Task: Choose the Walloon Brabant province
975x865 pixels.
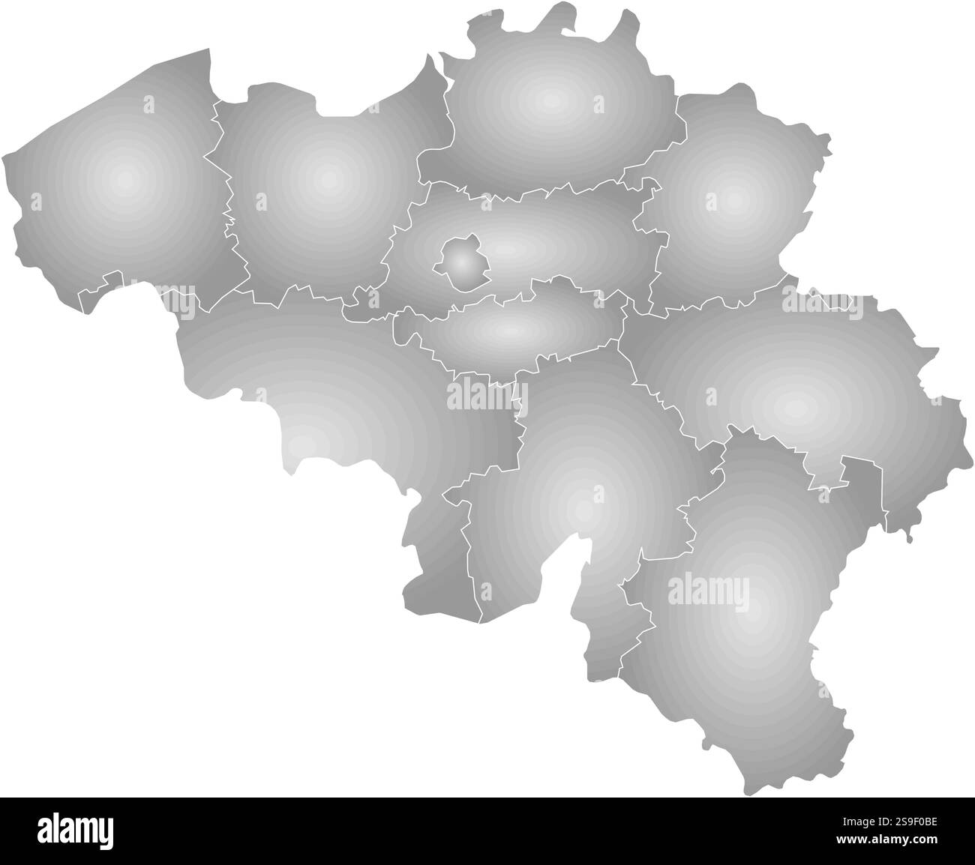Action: (x=510, y=330)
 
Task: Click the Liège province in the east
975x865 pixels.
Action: (x=795, y=397)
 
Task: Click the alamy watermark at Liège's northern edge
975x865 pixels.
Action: (x=822, y=301)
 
